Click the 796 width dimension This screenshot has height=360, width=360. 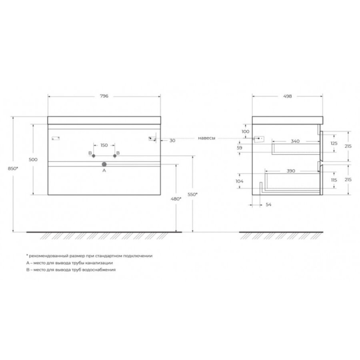point(104,96)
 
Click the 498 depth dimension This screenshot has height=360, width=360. point(288,96)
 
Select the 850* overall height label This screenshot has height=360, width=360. point(13,168)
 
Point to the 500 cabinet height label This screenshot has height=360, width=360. point(33,160)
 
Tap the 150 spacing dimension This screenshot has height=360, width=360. point(104,145)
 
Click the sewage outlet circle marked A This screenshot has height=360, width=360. point(104,164)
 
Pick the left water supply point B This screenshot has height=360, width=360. point(94,156)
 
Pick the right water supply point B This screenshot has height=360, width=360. point(115,156)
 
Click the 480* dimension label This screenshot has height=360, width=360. point(176,199)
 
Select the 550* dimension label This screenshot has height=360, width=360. point(192,194)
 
